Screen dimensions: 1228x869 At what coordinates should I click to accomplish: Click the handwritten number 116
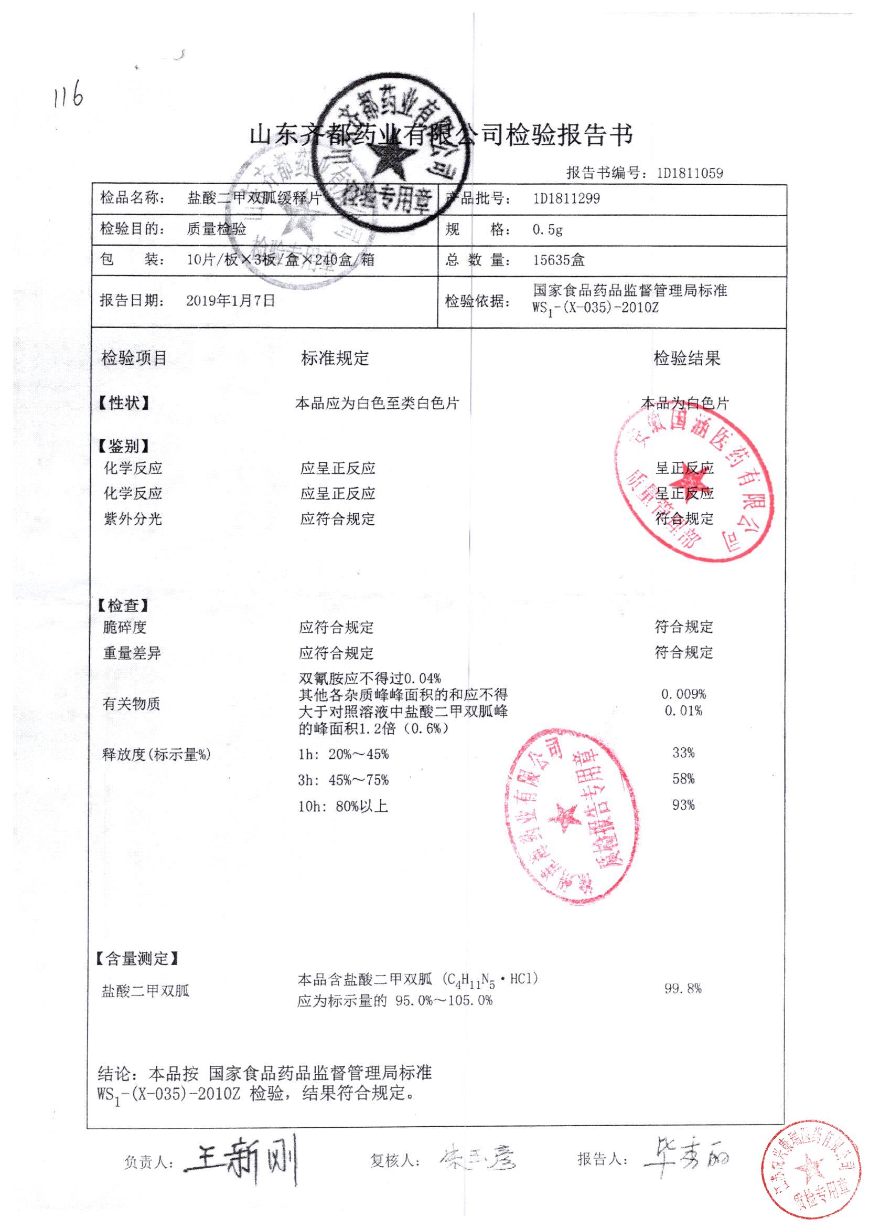click(69, 96)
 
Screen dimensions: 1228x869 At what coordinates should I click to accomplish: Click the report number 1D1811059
click(690, 173)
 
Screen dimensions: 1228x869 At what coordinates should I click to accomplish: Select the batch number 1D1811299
click(566, 198)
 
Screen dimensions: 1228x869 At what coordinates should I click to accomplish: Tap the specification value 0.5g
click(547, 230)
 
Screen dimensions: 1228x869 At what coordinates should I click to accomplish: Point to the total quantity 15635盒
click(559, 261)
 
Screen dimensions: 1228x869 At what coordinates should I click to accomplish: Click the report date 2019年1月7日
click(231, 300)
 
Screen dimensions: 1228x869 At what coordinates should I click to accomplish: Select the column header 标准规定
click(335, 358)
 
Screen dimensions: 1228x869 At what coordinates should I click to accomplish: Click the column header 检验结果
click(686, 358)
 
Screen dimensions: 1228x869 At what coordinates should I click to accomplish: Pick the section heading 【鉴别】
click(124, 446)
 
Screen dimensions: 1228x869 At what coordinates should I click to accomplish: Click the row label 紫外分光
click(133, 518)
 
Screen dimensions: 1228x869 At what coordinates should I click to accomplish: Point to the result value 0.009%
click(683, 694)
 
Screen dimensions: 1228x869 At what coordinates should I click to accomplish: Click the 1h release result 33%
click(683, 753)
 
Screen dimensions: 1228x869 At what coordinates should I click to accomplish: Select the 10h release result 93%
click(683, 804)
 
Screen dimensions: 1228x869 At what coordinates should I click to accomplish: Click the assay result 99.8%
click(683, 988)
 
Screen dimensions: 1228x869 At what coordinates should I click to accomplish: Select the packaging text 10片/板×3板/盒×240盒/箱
click(280, 260)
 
